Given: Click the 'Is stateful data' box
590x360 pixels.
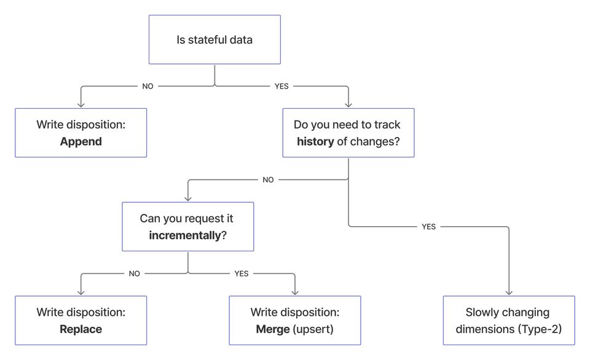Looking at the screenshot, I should pos(214,40).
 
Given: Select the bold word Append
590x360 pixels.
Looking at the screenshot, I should pos(81,141).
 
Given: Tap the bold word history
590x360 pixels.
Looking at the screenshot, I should pos(315,141).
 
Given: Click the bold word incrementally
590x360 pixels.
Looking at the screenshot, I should pos(184,235).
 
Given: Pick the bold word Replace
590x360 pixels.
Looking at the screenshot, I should pos(81,329).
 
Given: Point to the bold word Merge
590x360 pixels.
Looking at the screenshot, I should pos(272,329).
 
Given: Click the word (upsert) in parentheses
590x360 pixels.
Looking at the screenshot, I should pos(313,329).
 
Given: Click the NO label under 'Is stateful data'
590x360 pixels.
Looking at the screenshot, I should pos(147,87).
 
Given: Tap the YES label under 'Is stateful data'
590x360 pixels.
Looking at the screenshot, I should pos(281,87).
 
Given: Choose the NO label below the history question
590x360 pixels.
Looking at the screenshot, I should pos(268,180).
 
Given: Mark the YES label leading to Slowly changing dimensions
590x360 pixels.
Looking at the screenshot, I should pos(428,227).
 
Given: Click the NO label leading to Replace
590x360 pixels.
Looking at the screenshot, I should pos(135,274).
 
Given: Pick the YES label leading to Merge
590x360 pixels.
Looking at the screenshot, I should pos(242,274).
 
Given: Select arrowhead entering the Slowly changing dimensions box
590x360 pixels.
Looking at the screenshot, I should pos(509,293).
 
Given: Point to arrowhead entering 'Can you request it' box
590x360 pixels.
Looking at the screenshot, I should pos(187,199).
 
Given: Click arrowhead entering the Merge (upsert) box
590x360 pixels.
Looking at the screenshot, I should pos(295,293).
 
